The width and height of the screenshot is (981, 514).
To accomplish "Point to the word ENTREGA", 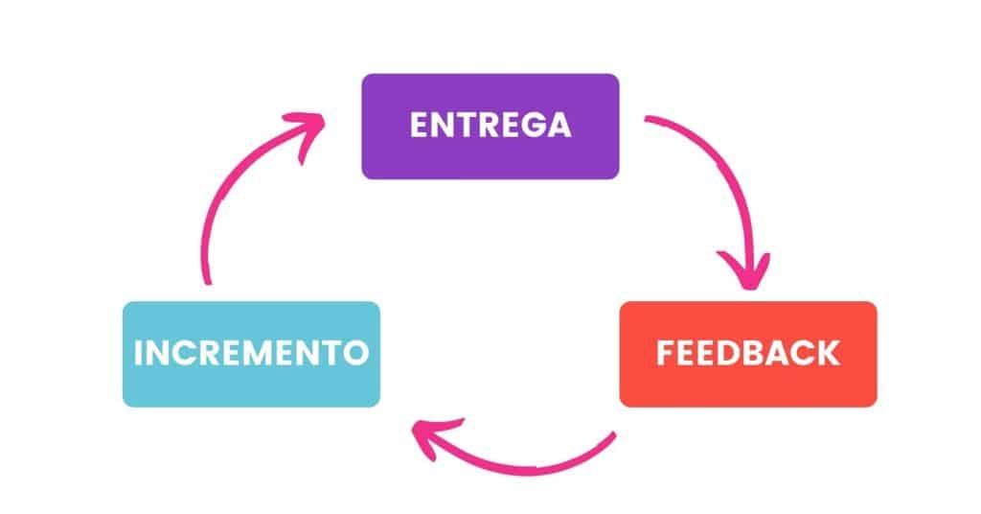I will pyautogui.click(x=490, y=126).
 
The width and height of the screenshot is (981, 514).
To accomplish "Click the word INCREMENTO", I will pyautogui.click(x=251, y=353).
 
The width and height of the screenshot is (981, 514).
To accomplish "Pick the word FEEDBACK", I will pyautogui.click(x=747, y=353).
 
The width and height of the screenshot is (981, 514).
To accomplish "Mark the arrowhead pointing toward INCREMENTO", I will pyautogui.click(x=428, y=437).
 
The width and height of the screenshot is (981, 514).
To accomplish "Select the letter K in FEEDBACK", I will pyautogui.click(x=826, y=353).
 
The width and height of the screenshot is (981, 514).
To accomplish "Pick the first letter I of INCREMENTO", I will pyautogui.click(x=138, y=353).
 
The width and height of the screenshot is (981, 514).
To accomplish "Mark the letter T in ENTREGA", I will pyautogui.click(x=462, y=126).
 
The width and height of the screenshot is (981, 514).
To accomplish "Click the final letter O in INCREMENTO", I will pyautogui.click(x=354, y=353).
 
